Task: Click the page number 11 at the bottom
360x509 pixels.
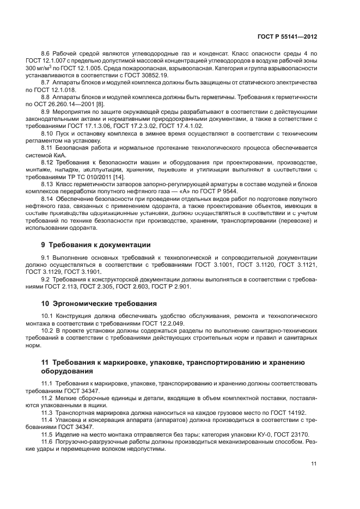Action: [x=314, y=463]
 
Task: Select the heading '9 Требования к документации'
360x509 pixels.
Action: [x=96, y=244]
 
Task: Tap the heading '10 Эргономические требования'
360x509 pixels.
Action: [x=99, y=303]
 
